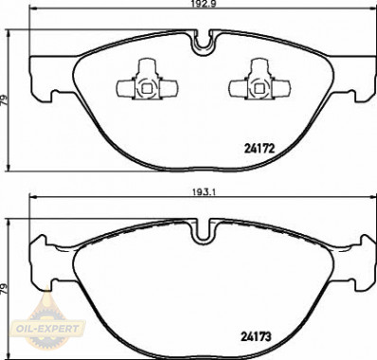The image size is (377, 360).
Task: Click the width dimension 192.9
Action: [x=202, y=4]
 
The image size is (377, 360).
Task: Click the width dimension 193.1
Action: [x=202, y=192]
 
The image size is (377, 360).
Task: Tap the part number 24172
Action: [x=260, y=149]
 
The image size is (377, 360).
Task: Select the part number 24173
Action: [x=256, y=337]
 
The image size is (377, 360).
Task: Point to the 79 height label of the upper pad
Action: [x=4, y=100]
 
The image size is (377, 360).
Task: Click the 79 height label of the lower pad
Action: [x=4, y=289]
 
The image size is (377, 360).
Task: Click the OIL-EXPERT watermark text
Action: [x=48, y=329]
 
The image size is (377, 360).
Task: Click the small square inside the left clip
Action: [x=146, y=89]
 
